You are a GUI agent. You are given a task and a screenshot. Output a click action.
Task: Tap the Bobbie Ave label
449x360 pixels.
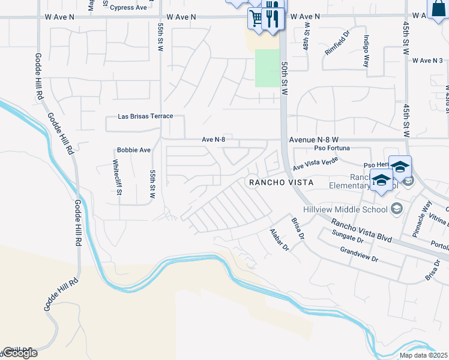(x=133, y=149)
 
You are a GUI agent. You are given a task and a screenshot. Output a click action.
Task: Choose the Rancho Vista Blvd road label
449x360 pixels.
(x=361, y=230)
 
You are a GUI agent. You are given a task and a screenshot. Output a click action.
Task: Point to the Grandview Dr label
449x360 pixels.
(x=359, y=255)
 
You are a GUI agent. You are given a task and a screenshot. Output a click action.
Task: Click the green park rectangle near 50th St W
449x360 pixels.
(x=268, y=68)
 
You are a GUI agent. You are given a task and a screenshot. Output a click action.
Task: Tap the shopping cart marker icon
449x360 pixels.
(x=256, y=17)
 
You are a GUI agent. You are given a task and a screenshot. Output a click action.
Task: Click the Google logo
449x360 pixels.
(x=19, y=353)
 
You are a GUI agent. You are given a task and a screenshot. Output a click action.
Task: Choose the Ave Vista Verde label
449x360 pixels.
(x=316, y=163)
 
